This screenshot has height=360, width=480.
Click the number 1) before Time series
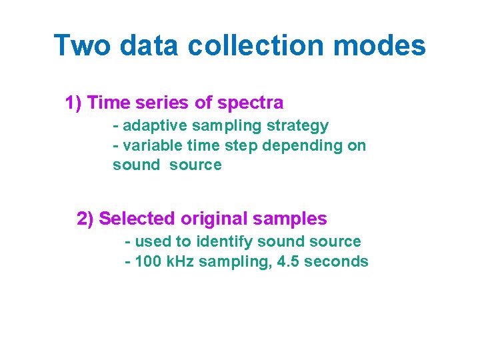tap(73, 103)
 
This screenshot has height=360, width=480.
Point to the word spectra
tap(252, 103)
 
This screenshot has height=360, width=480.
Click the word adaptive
tap(150, 126)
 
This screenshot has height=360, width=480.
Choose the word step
tap(238, 145)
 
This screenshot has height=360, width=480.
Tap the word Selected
tap(137, 219)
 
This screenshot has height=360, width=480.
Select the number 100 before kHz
tap(147, 261)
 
